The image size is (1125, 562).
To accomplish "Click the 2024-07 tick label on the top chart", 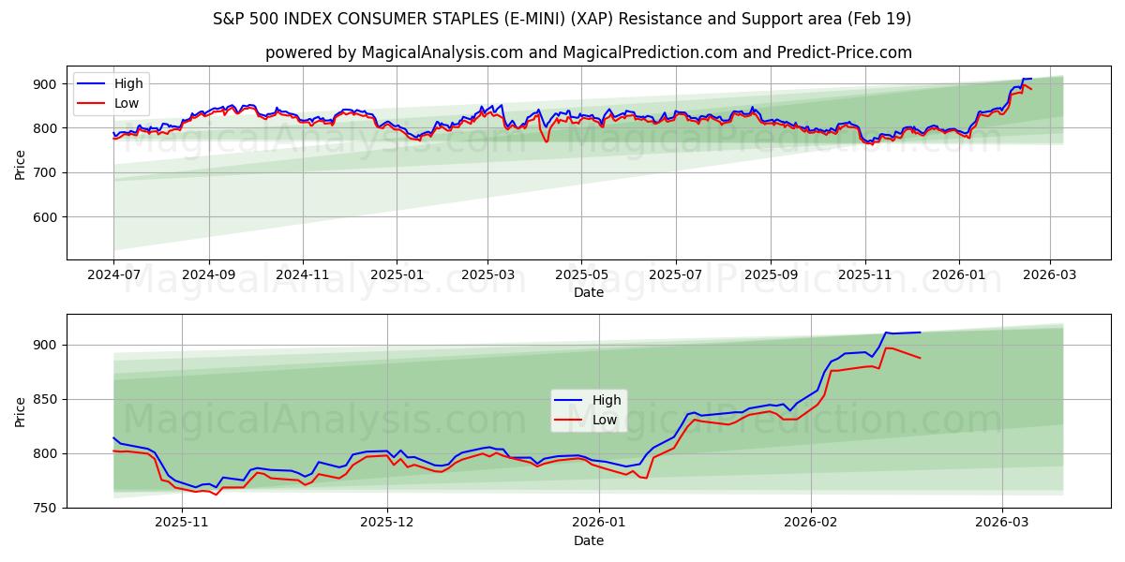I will click(113, 276).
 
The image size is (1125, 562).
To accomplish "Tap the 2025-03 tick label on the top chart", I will click(487, 276).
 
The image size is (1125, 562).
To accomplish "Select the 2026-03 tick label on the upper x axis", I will click(1049, 276).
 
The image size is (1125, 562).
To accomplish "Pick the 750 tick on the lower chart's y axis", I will click(48, 508).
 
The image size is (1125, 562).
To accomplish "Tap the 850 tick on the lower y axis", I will click(48, 399).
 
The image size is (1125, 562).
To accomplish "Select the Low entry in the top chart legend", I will click(127, 103).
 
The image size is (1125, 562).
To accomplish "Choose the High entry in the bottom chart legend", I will click(605, 401).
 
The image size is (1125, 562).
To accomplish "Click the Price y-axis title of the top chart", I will click(21, 164).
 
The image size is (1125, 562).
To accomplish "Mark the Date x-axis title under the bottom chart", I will click(588, 540).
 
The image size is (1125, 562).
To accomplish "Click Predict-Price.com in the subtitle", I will click(844, 52).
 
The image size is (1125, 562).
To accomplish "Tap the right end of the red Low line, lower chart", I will click(920, 358).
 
